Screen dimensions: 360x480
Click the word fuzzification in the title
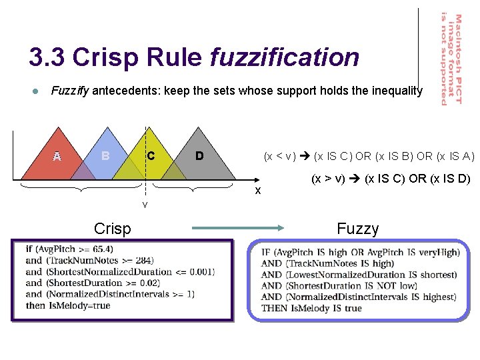click(284, 58)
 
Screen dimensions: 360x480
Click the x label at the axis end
click(258, 191)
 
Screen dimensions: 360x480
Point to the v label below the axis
click(145, 203)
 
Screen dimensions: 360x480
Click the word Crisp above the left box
click(113, 229)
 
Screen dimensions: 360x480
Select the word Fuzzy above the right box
click(357, 229)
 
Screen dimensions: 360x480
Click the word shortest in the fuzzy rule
click(437, 275)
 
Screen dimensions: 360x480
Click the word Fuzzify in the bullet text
click(69, 91)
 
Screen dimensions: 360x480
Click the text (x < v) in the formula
click(280, 157)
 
